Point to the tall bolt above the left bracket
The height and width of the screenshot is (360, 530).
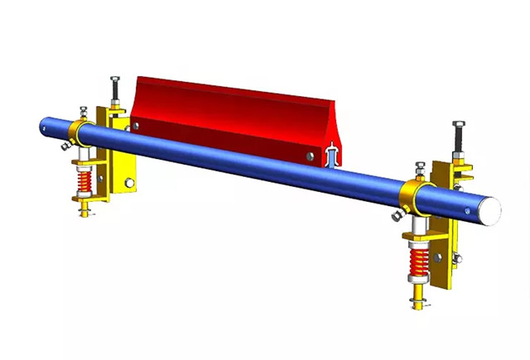tap(115, 90)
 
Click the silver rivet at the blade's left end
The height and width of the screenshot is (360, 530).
tap(136, 125)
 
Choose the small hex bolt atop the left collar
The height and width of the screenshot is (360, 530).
tap(83, 110)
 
